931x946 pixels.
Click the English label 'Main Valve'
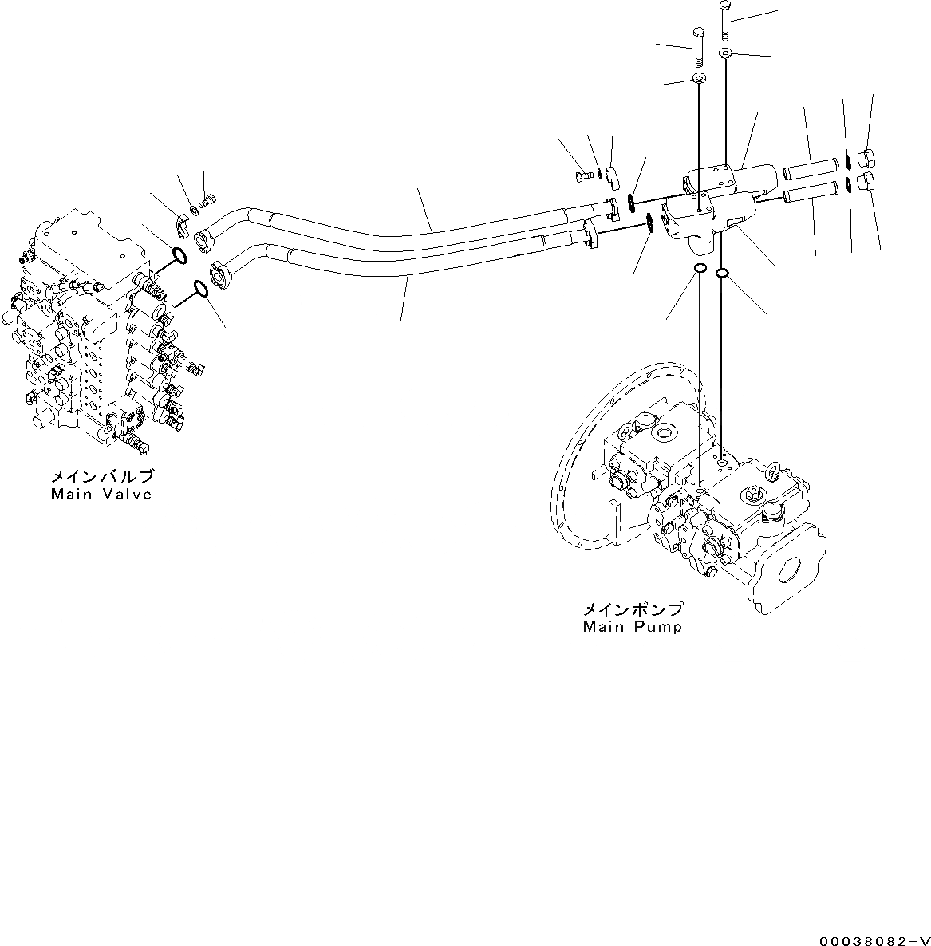click(101, 495)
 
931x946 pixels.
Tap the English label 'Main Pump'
click(632, 627)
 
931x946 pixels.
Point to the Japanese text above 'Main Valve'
click(102, 477)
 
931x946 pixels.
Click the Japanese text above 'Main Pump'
click(633, 609)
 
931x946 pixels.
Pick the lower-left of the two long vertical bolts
click(698, 47)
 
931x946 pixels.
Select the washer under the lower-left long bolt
click(699, 78)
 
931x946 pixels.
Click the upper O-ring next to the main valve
click(179, 256)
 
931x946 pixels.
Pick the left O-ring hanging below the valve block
click(699, 269)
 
